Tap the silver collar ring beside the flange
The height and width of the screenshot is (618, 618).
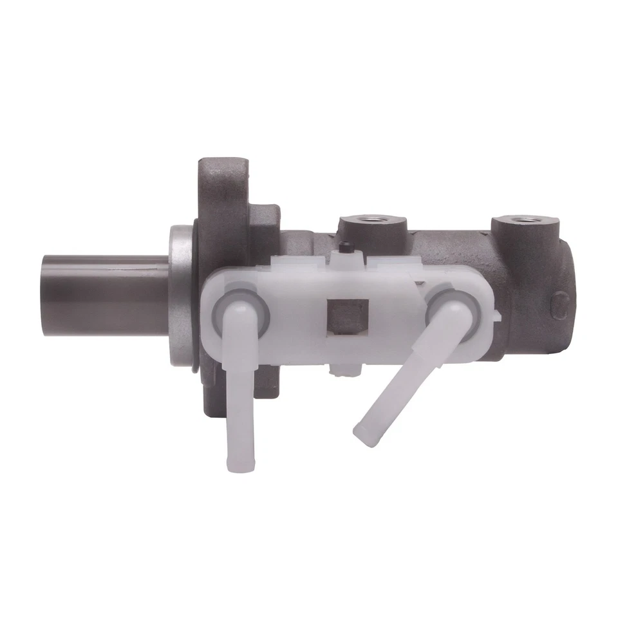182,296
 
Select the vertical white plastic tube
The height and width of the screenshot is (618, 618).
239,386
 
